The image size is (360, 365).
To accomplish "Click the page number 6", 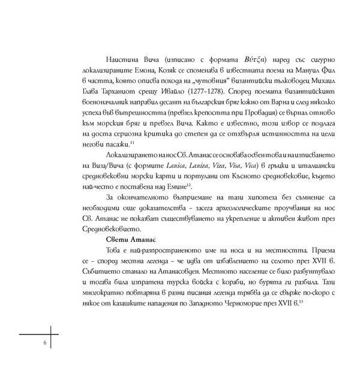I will point(44,342).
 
